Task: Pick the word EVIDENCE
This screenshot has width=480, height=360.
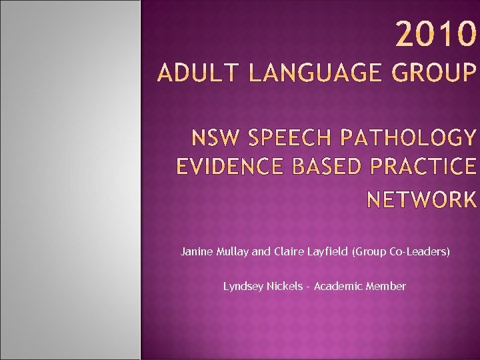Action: pyautogui.click(x=227, y=166)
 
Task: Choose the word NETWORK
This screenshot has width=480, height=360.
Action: pyautogui.click(x=422, y=199)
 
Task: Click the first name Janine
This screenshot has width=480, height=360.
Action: pyautogui.click(x=196, y=252)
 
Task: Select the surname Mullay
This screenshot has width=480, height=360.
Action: pyautogui.click(x=233, y=252)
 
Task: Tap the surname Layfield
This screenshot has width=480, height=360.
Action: pyautogui.click(x=327, y=252)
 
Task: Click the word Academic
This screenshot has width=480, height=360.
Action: pyautogui.click(x=337, y=286)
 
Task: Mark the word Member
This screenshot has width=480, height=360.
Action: pyautogui.click(x=386, y=286)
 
